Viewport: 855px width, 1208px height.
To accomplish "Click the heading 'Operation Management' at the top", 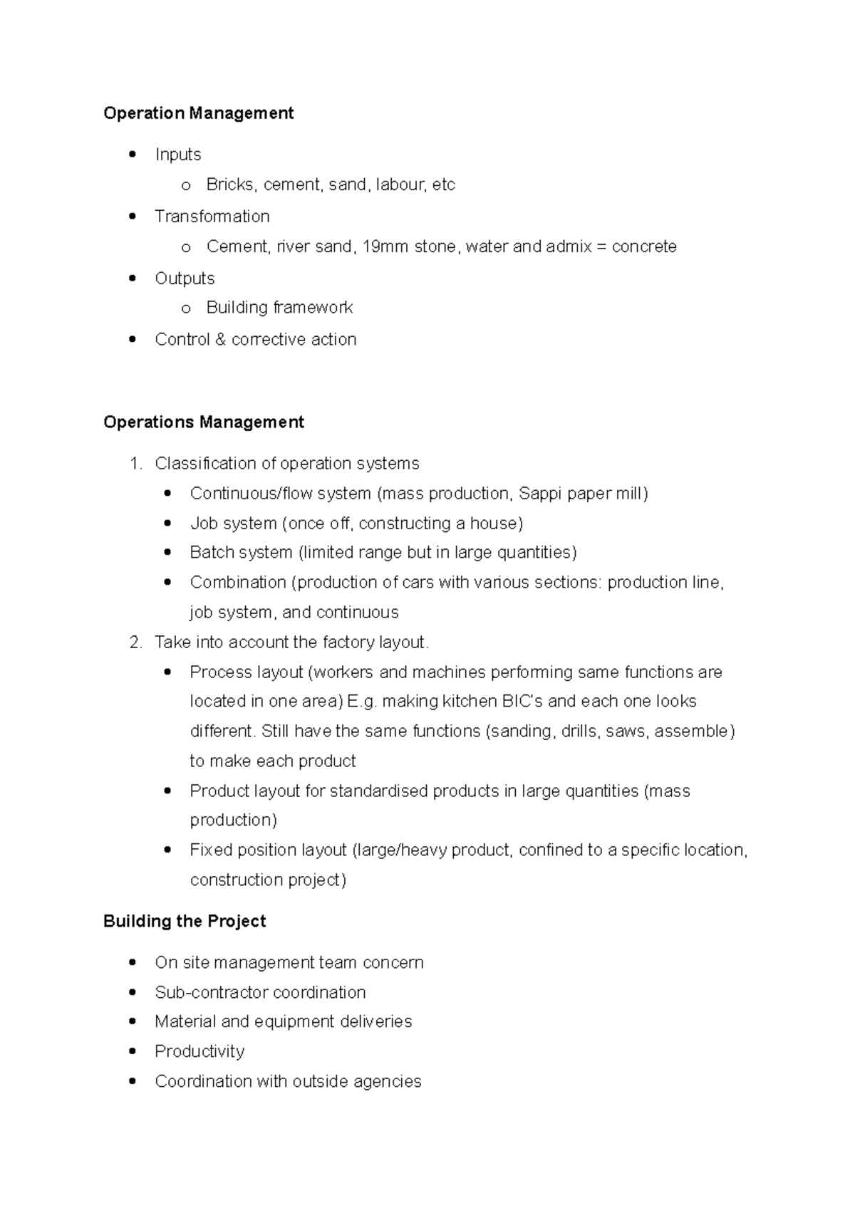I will tap(198, 113).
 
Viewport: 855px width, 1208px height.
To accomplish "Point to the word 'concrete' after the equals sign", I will tap(644, 247).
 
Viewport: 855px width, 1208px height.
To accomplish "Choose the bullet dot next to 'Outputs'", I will tap(133, 278).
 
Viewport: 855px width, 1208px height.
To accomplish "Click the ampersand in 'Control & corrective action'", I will tap(219, 340).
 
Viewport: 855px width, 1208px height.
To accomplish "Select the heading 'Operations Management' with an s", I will tap(203, 422).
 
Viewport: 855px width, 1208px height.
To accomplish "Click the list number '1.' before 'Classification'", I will tap(137, 464).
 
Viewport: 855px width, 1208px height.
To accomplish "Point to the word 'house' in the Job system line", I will tap(493, 524).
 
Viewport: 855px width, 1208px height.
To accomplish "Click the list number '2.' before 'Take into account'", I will tap(137, 642).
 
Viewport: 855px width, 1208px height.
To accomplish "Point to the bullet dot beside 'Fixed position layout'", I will tap(167, 850).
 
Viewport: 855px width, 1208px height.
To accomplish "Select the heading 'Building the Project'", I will tap(185, 922).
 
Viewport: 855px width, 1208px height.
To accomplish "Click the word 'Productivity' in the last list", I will tap(199, 1052).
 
